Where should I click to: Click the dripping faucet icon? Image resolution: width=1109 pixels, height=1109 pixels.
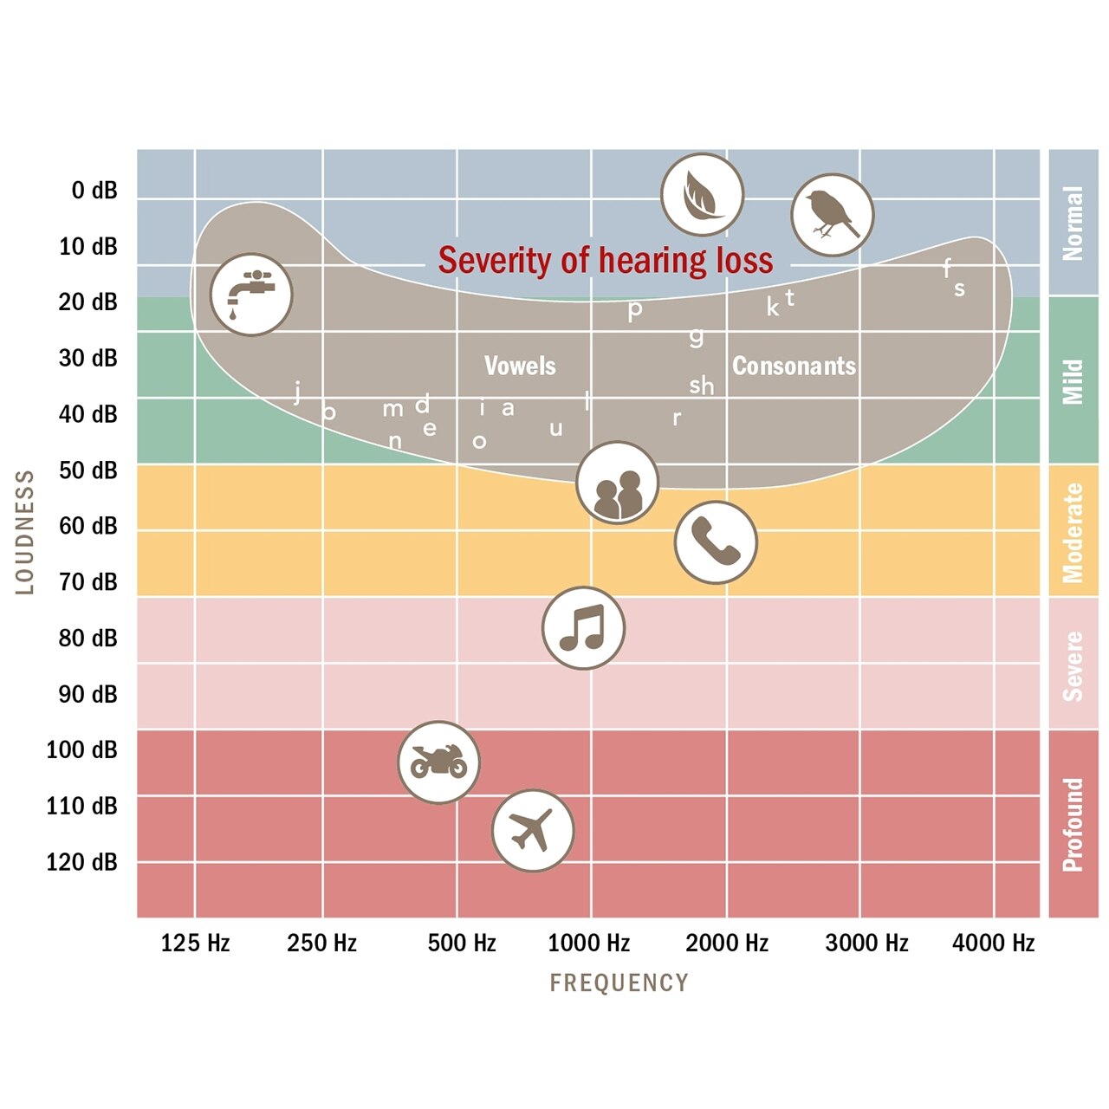[x=251, y=295]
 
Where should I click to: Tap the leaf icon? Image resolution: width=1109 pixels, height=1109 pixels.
[x=702, y=195]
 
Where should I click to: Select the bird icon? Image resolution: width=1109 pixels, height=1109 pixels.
[x=832, y=215]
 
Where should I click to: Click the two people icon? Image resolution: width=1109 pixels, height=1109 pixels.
[x=618, y=483]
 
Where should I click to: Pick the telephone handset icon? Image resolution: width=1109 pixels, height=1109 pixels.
[x=716, y=542]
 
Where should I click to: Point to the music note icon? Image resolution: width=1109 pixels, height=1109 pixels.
[x=583, y=628]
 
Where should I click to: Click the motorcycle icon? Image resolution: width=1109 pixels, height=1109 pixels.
[x=438, y=762]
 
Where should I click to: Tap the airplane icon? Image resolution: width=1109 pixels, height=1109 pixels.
[x=533, y=830]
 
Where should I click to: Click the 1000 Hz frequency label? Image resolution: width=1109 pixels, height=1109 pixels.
[x=589, y=943]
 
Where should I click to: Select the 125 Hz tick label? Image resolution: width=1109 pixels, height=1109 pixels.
[x=195, y=943]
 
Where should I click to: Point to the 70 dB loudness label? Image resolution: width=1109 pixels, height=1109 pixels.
[x=88, y=582]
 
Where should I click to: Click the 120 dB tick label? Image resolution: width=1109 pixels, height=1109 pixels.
[x=81, y=862]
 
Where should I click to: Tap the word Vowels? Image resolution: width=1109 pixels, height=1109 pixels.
[x=520, y=366]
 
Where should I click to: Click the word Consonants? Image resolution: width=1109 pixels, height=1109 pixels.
[x=794, y=366]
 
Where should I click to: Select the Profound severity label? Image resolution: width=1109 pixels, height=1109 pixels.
[x=1073, y=824]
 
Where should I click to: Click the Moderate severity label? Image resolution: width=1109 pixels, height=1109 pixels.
[x=1073, y=532]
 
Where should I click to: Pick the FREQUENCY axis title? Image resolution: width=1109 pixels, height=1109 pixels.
[x=619, y=983]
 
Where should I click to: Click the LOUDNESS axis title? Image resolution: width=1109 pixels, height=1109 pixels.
[x=25, y=532]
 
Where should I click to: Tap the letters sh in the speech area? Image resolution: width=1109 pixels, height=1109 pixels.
[x=702, y=386]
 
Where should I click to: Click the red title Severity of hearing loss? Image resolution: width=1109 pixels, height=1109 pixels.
[x=605, y=260]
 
